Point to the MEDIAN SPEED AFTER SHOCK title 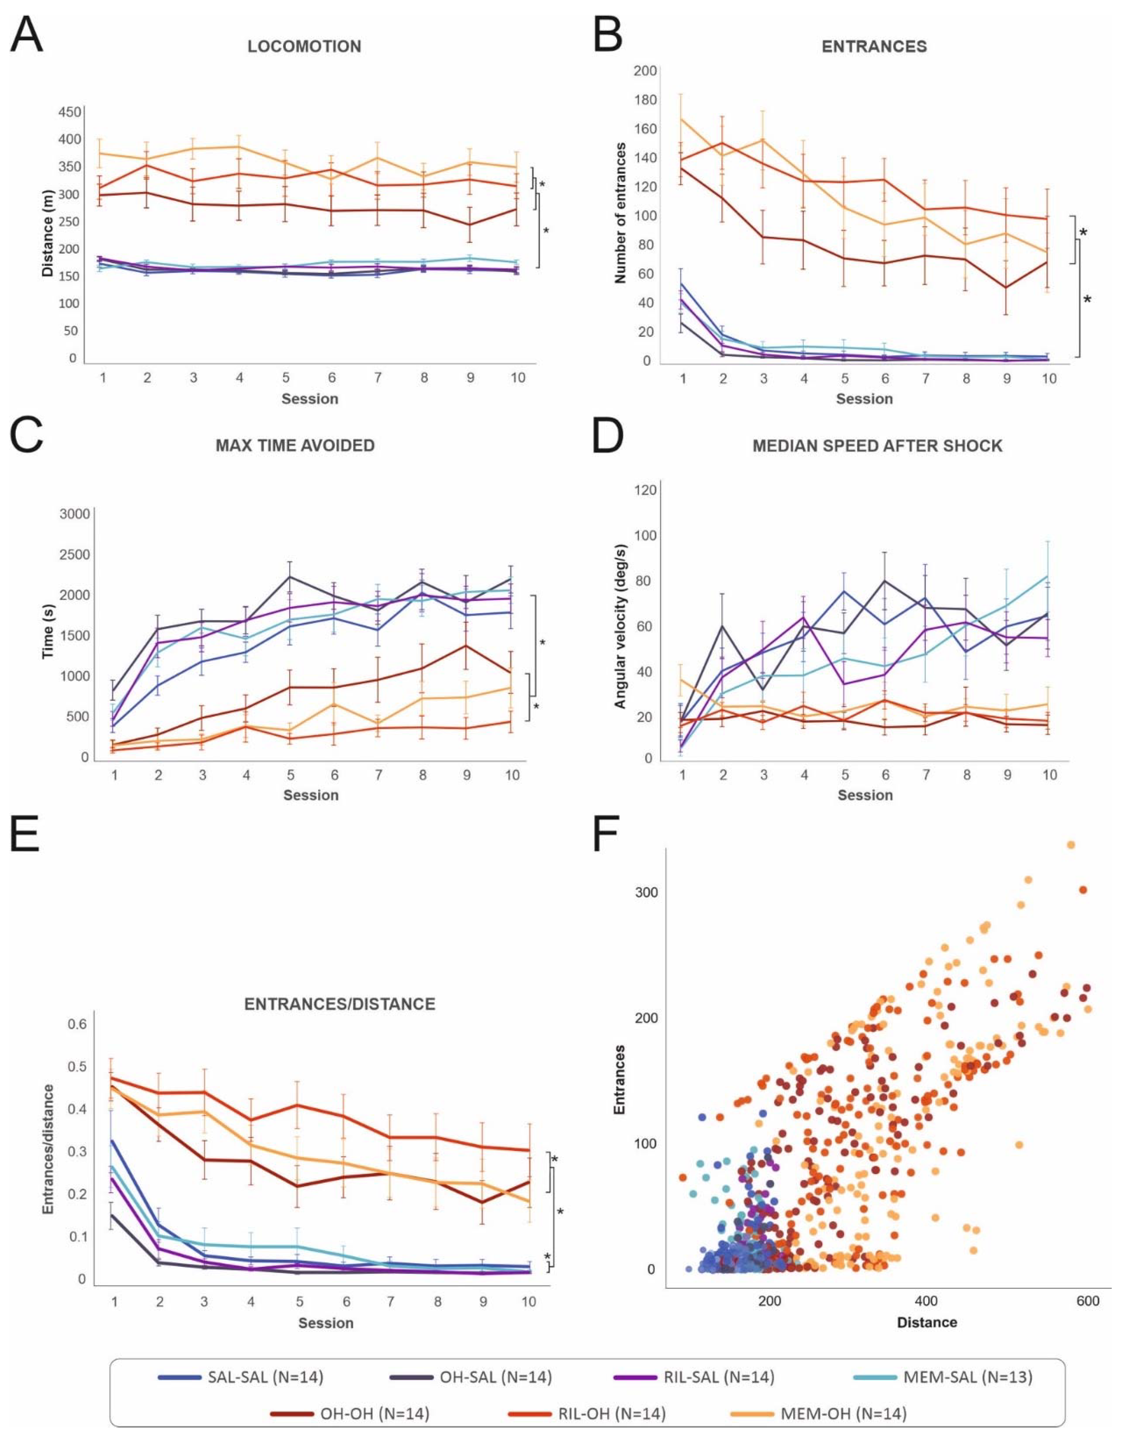click(x=877, y=446)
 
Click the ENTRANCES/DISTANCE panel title click(x=340, y=1004)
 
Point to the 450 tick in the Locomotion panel click(x=70, y=112)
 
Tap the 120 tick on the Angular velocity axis click(x=644, y=490)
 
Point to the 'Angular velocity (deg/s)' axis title click(x=620, y=626)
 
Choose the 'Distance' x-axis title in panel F click(x=926, y=1322)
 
